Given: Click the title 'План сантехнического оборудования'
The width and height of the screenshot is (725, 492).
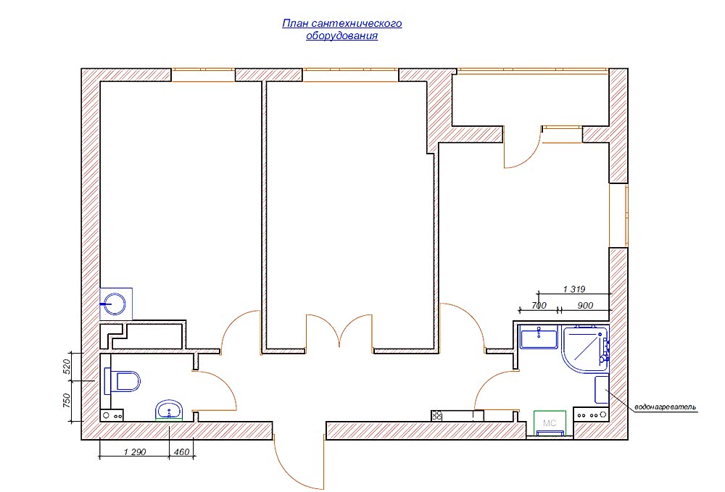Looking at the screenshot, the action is [341, 30].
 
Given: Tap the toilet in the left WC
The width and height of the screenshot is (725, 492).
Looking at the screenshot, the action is [122, 382].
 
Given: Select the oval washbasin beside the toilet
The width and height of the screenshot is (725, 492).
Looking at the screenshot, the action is [169, 410].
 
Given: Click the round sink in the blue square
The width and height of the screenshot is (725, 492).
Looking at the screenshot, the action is [115, 304].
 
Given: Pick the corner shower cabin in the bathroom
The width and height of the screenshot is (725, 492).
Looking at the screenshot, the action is [585, 349].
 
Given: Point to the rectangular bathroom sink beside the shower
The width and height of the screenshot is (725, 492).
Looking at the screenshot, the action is [539, 337].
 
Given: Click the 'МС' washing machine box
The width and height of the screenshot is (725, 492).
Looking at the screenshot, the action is [550, 422].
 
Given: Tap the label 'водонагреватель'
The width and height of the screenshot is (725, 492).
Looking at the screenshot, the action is [666, 407].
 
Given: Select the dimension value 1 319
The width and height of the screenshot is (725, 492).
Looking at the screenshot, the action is [573, 289].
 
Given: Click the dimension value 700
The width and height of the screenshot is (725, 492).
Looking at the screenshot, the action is [539, 305].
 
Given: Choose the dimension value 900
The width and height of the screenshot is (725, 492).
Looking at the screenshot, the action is [585, 305].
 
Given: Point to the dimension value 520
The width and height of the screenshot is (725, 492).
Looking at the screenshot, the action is [66, 367].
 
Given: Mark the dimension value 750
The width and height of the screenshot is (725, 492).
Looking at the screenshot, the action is [66, 401].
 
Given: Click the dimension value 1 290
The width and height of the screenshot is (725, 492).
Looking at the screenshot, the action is [135, 452].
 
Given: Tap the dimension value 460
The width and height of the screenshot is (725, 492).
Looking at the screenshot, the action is [182, 452].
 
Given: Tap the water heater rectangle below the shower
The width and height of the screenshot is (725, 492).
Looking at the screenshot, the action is [602, 389].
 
